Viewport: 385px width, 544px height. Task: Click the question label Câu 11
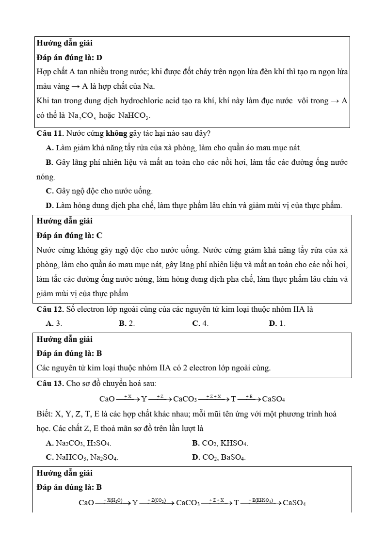coord(50,133)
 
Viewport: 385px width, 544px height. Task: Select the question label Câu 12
coord(50,309)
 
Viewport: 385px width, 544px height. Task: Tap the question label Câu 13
coord(50,384)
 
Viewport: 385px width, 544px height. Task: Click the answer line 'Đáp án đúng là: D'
coord(69,57)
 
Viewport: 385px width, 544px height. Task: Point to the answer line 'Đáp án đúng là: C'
coord(69,236)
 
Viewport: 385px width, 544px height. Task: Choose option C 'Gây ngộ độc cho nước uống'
coord(99,191)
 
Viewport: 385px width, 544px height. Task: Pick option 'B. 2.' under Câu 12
coord(127,323)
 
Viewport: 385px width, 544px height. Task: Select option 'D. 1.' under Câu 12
coord(277,323)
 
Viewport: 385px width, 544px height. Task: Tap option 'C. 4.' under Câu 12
coord(200,323)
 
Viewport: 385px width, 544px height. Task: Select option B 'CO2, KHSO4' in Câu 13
coord(220,443)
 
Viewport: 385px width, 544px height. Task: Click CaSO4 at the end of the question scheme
coord(273,400)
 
